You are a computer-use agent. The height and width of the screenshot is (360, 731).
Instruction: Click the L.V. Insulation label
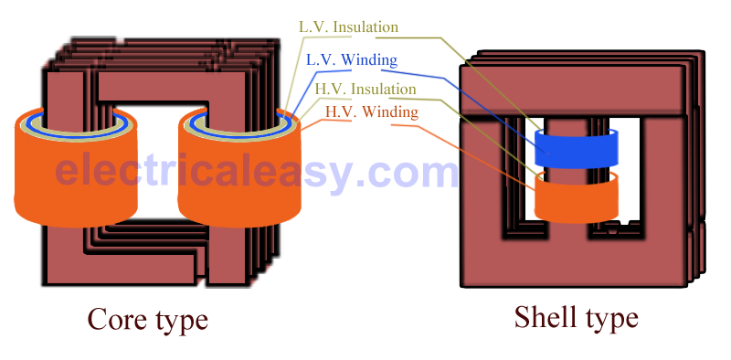point(348,27)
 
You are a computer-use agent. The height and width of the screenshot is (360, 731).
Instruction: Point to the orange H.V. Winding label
point(371,112)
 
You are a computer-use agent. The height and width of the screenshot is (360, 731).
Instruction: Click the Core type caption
point(147,319)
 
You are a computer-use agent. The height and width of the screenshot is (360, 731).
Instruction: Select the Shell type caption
point(576,317)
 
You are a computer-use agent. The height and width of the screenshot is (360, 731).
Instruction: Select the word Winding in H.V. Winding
point(389,112)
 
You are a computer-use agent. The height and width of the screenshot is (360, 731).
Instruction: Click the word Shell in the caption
point(546,317)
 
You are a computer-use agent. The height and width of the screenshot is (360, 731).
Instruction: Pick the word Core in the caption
point(116,319)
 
